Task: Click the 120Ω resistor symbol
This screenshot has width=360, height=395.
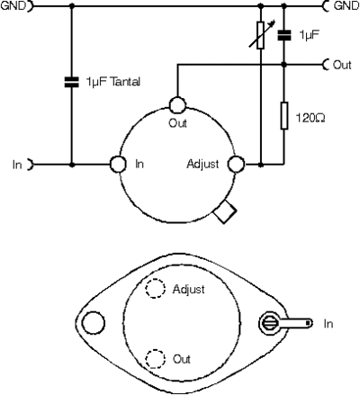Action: coord(284,115)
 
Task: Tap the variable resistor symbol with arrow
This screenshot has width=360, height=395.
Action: coord(261,34)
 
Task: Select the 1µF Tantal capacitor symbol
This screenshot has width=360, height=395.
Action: coord(71,82)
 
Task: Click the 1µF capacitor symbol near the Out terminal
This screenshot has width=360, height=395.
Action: coord(284,35)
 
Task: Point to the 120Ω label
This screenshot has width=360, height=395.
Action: coord(310,118)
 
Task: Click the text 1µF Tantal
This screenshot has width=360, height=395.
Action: coord(112,82)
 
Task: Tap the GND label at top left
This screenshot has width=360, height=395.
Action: coord(13,5)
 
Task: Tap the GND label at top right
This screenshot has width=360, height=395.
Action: coord(346,5)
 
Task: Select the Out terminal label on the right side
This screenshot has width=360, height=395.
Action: coord(342,65)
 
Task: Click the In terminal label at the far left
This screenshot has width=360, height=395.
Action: coord(17,165)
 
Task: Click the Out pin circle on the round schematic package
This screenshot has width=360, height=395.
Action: coord(177,104)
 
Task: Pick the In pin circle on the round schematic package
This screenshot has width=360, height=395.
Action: coord(118,165)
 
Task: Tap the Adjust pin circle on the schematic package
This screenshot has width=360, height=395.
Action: coord(236,165)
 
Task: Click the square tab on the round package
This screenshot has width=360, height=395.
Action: coord(225,211)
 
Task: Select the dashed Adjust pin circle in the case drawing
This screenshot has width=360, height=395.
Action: coord(156,288)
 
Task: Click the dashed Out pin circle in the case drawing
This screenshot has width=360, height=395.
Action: coord(156,359)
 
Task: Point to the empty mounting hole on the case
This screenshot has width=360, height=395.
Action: coord(94,323)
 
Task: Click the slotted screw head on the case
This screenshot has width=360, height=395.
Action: coord(270,323)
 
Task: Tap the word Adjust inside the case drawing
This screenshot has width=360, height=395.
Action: coord(189,290)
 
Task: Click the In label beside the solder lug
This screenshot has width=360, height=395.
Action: coord(328,324)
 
